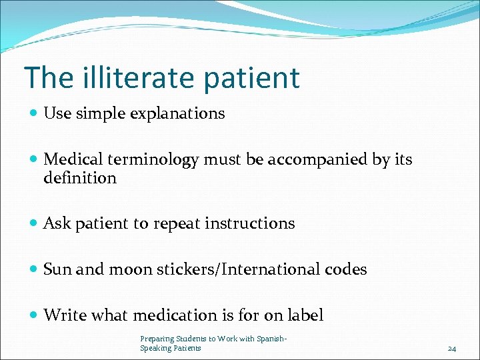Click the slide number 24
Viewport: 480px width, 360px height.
click(451, 348)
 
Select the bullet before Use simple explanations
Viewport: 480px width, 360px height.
click(35, 114)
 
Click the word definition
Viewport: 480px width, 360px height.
click(79, 178)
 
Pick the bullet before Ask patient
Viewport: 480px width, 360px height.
click(35, 224)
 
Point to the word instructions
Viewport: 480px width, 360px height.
click(249, 223)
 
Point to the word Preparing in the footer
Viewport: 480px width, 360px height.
click(157, 339)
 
